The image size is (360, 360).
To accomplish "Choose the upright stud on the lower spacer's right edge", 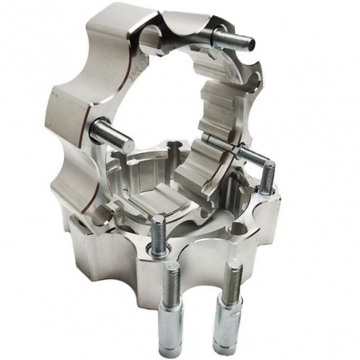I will click(x=269, y=181).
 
